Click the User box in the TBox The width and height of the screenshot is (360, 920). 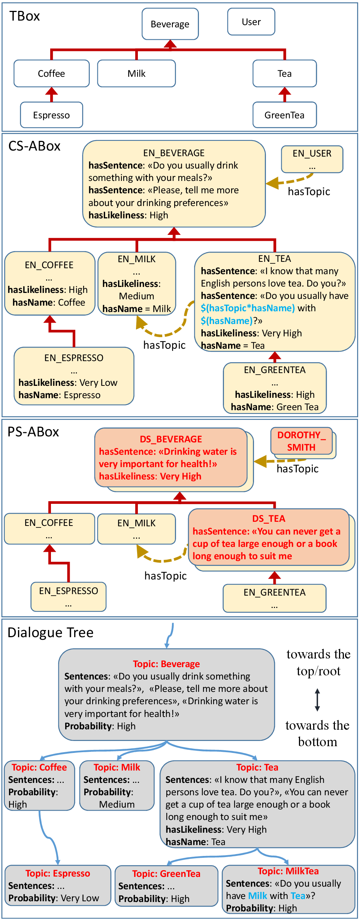point(251,22)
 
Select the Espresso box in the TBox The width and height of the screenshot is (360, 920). point(51,115)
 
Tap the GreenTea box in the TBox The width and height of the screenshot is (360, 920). point(284,115)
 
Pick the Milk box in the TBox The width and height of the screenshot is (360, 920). point(136,73)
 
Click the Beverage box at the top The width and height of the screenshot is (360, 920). point(170,24)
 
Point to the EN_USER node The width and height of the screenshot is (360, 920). point(312,159)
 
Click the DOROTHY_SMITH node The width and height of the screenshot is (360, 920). point(302,441)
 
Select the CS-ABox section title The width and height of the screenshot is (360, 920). point(34,146)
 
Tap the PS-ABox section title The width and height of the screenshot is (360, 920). point(33,432)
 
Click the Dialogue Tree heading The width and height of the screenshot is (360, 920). point(51,632)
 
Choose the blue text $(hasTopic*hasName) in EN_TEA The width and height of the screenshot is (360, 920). point(248,308)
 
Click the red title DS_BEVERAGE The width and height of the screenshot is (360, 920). point(171,439)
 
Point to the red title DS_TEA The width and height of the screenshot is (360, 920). point(269,518)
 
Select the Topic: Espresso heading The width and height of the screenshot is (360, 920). point(58,873)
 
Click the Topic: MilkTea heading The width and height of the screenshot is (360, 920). point(288,871)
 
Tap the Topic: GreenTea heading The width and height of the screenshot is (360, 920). point(166,874)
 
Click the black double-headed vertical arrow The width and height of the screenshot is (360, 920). point(317,700)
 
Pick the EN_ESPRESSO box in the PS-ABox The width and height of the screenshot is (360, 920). point(69,596)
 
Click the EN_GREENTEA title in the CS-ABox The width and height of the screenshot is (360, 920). point(275,370)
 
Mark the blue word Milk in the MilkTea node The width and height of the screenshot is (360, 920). point(258,896)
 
